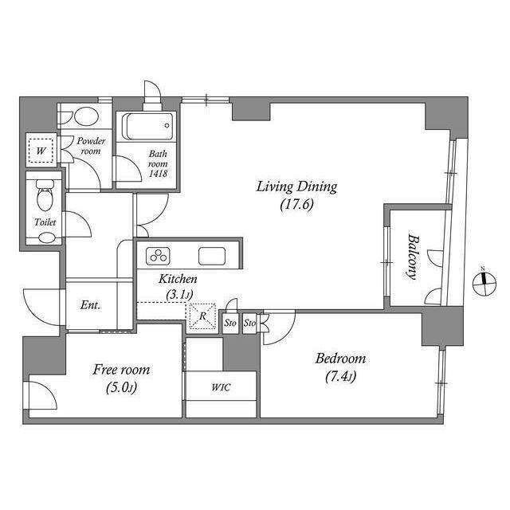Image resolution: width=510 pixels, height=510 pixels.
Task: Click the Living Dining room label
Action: pyautogui.click(x=296, y=187)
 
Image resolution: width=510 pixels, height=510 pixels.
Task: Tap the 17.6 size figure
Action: pyautogui.click(x=297, y=205)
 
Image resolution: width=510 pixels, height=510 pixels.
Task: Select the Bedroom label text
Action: pyautogui.click(x=340, y=359)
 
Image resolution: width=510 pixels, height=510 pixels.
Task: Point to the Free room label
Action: pyautogui.click(x=121, y=370)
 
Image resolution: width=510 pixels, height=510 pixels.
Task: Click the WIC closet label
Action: pyautogui.click(x=222, y=387)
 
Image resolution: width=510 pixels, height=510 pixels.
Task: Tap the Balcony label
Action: pyautogui.click(x=413, y=257)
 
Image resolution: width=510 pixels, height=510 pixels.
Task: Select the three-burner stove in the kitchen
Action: pyautogui.click(x=159, y=256)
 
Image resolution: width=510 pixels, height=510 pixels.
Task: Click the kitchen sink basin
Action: pyautogui.click(x=212, y=256)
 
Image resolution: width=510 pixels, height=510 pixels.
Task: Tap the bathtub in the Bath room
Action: pyautogui.click(x=147, y=126)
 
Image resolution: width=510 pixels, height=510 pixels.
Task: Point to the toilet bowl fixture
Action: pyautogui.click(x=45, y=195)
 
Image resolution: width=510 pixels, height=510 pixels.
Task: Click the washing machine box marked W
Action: pyautogui.click(x=41, y=151)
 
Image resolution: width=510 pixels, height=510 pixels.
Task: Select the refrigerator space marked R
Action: pyautogui.click(x=202, y=316)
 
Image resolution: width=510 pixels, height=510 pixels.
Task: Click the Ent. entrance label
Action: pyautogui.click(x=90, y=305)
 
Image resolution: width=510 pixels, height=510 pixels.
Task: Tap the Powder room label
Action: pyautogui.click(x=91, y=146)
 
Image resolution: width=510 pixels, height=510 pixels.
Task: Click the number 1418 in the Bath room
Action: pyautogui.click(x=158, y=174)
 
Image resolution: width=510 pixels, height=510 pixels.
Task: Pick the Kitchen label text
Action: pyautogui.click(x=178, y=279)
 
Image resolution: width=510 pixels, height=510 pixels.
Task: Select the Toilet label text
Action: pyautogui.click(x=45, y=222)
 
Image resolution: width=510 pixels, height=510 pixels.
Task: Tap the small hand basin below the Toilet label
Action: pyautogui.click(x=47, y=237)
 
